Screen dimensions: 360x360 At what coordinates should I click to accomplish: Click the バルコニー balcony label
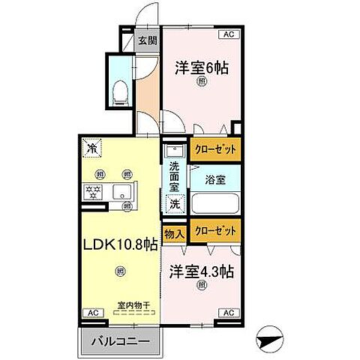pos(119,340)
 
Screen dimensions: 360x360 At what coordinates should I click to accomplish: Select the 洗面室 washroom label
pos(174,176)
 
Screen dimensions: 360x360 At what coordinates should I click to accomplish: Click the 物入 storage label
pos(173,234)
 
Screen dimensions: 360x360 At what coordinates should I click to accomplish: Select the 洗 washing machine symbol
pos(174,203)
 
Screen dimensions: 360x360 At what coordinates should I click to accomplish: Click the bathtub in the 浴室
pos(215,203)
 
